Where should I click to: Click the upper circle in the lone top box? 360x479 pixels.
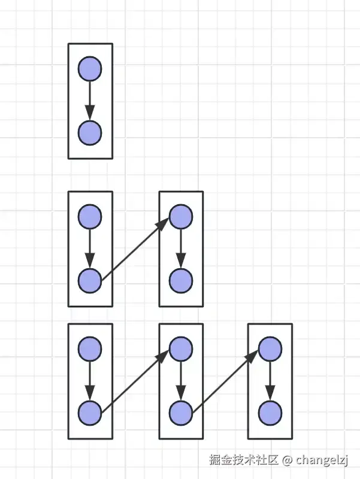click(90, 68)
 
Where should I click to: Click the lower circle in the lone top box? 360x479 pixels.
click(90, 132)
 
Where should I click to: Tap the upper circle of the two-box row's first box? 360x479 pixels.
click(90, 216)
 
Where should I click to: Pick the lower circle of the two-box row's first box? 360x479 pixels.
click(90, 280)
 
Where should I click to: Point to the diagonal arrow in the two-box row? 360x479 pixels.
click(135, 248)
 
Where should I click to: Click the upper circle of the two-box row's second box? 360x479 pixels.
click(180, 216)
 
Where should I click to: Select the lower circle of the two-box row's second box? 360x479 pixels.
click(180, 280)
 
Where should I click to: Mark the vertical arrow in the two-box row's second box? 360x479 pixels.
click(180, 248)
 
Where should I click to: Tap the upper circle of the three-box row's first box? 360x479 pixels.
click(90, 348)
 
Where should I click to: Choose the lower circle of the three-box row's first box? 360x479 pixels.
click(90, 412)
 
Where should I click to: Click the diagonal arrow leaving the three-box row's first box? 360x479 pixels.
click(135, 380)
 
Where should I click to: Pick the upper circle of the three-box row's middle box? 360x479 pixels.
click(180, 348)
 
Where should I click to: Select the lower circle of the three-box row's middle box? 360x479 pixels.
click(180, 412)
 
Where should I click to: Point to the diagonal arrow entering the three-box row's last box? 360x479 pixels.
click(225, 380)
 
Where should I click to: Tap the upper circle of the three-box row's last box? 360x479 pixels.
click(270, 348)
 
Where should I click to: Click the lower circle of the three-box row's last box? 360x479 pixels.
click(270, 412)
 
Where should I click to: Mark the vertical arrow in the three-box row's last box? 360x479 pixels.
click(270, 380)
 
